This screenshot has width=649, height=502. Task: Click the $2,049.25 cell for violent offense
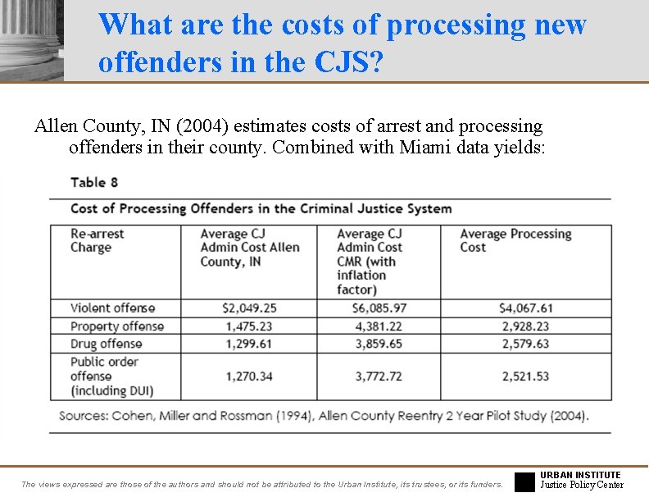tap(248, 308)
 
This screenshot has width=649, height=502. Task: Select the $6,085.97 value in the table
tap(373, 308)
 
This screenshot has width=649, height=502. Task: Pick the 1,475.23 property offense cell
tap(248, 326)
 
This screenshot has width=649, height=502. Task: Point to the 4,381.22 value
tap(373, 326)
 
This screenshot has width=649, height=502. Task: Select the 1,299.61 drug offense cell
tap(248, 344)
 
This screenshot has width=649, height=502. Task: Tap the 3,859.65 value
tap(373, 344)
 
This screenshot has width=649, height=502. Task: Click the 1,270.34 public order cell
tap(248, 376)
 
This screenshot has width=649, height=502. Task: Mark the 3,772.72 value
tap(373, 376)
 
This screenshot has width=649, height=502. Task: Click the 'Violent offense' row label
tap(112, 308)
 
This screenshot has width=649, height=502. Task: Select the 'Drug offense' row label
tap(106, 344)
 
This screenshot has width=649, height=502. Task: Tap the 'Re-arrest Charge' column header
tap(98, 240)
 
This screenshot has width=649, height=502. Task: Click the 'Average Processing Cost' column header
tap(515, 240)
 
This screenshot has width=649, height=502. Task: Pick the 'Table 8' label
tap(94, 182)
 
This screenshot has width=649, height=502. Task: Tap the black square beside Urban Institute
tap(524, 481)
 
